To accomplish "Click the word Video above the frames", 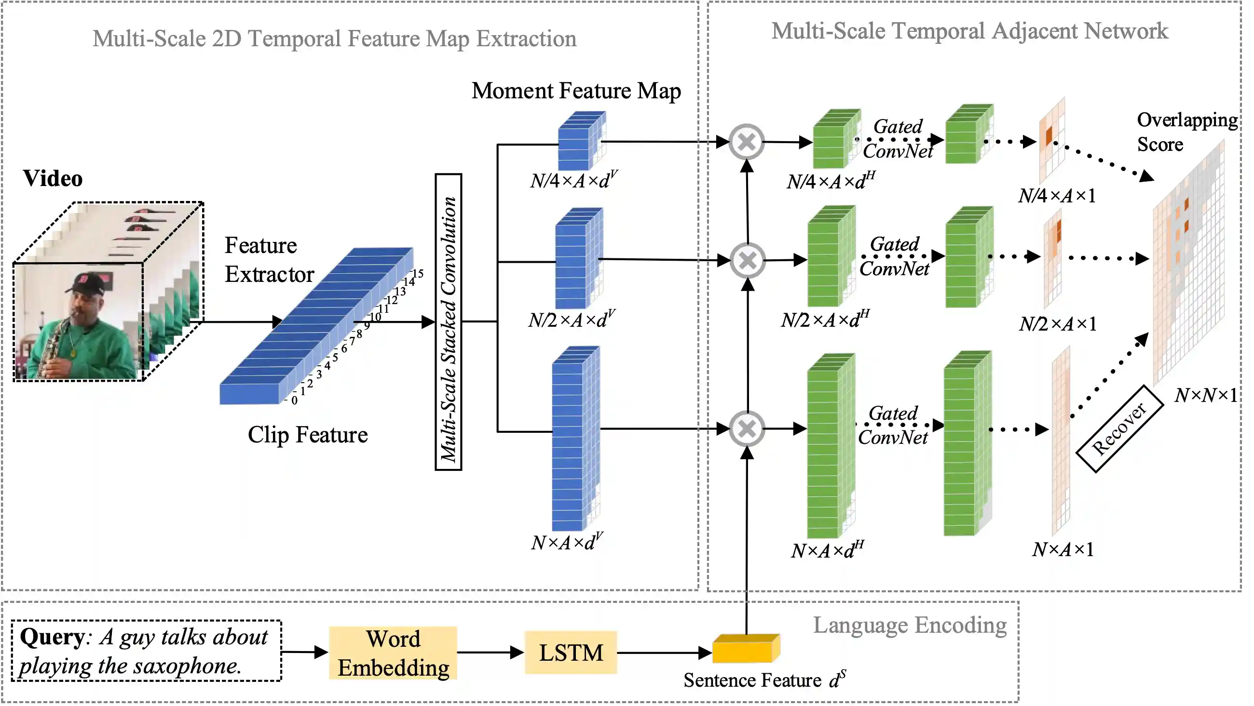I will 53,179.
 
